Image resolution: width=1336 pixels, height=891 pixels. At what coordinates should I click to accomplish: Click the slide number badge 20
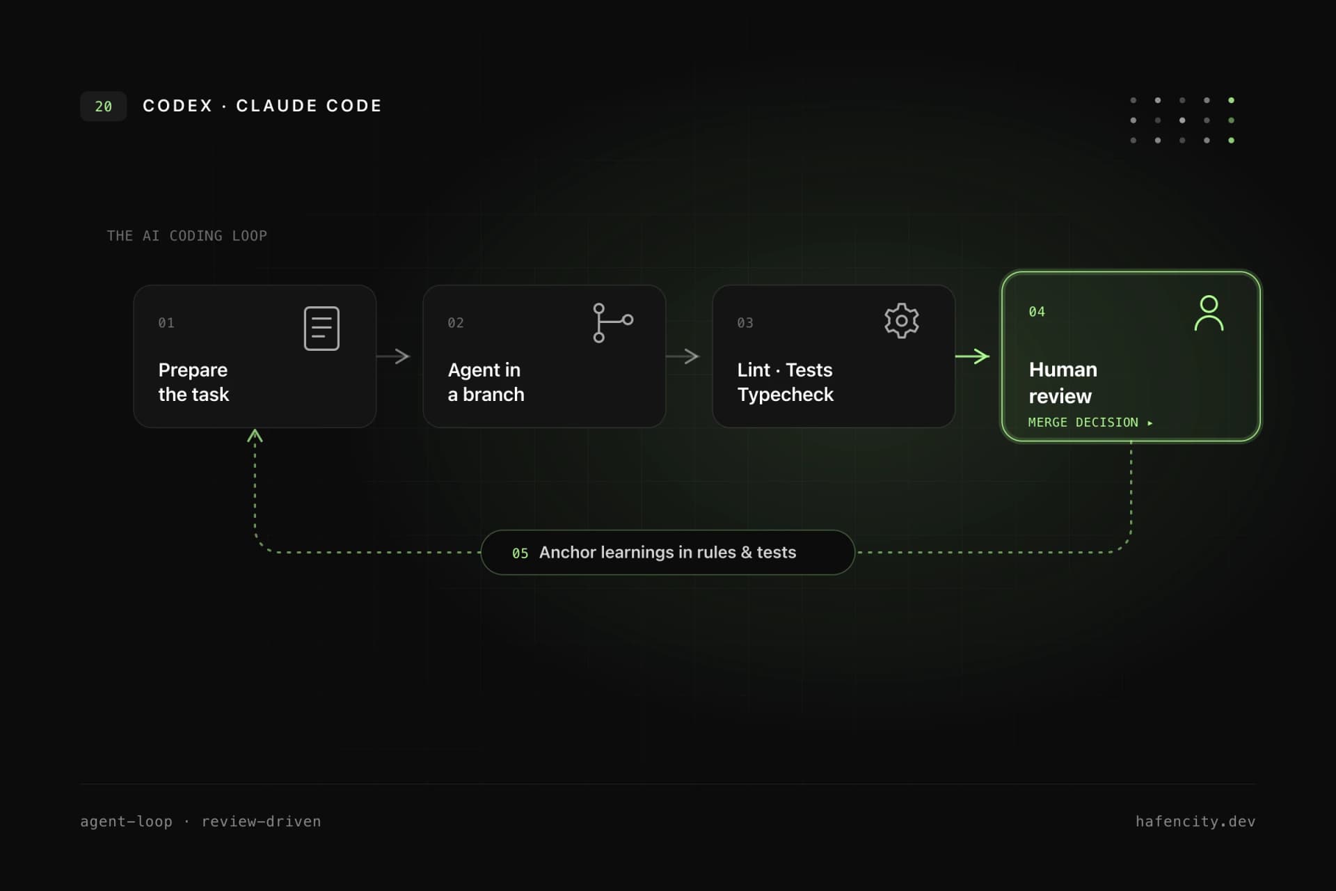click(103, 107)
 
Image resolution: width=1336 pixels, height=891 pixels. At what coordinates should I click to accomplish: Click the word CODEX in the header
click(177, 106)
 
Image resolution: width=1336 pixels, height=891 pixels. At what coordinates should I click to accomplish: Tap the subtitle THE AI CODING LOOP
click(186, 236)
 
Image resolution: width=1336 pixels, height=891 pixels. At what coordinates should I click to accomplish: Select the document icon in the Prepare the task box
click(321, 328)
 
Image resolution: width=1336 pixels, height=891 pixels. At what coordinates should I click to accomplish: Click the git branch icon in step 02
click(612, 322)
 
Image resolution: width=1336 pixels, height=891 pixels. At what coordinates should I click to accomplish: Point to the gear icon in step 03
click(902, 321)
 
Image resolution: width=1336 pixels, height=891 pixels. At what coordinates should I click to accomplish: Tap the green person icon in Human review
click(1209, 313)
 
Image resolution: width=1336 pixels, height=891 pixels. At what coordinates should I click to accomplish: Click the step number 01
click(166, 323)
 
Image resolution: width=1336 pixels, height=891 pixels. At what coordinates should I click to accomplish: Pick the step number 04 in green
click(1037, 312)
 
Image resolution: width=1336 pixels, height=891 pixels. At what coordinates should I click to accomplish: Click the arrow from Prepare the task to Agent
click(393, 356)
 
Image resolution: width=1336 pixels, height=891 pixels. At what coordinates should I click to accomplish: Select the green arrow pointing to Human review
click(972, 356)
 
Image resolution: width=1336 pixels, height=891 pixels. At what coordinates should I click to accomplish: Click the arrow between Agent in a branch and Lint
click(683, 356)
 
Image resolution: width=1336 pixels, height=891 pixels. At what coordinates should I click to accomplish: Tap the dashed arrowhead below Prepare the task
click(255, 436)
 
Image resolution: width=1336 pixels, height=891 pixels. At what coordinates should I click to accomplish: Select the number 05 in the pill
click(520, 553)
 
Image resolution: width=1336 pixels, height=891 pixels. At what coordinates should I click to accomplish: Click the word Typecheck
click(786, 395)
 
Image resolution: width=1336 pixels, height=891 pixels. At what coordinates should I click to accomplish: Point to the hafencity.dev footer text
click(1195, 821)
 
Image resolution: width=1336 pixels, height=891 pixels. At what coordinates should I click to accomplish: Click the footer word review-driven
click(261, 821)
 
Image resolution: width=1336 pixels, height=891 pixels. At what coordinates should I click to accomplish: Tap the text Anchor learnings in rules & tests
click(667, 552)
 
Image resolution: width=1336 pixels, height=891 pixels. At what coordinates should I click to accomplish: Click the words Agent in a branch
click(486, 382)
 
